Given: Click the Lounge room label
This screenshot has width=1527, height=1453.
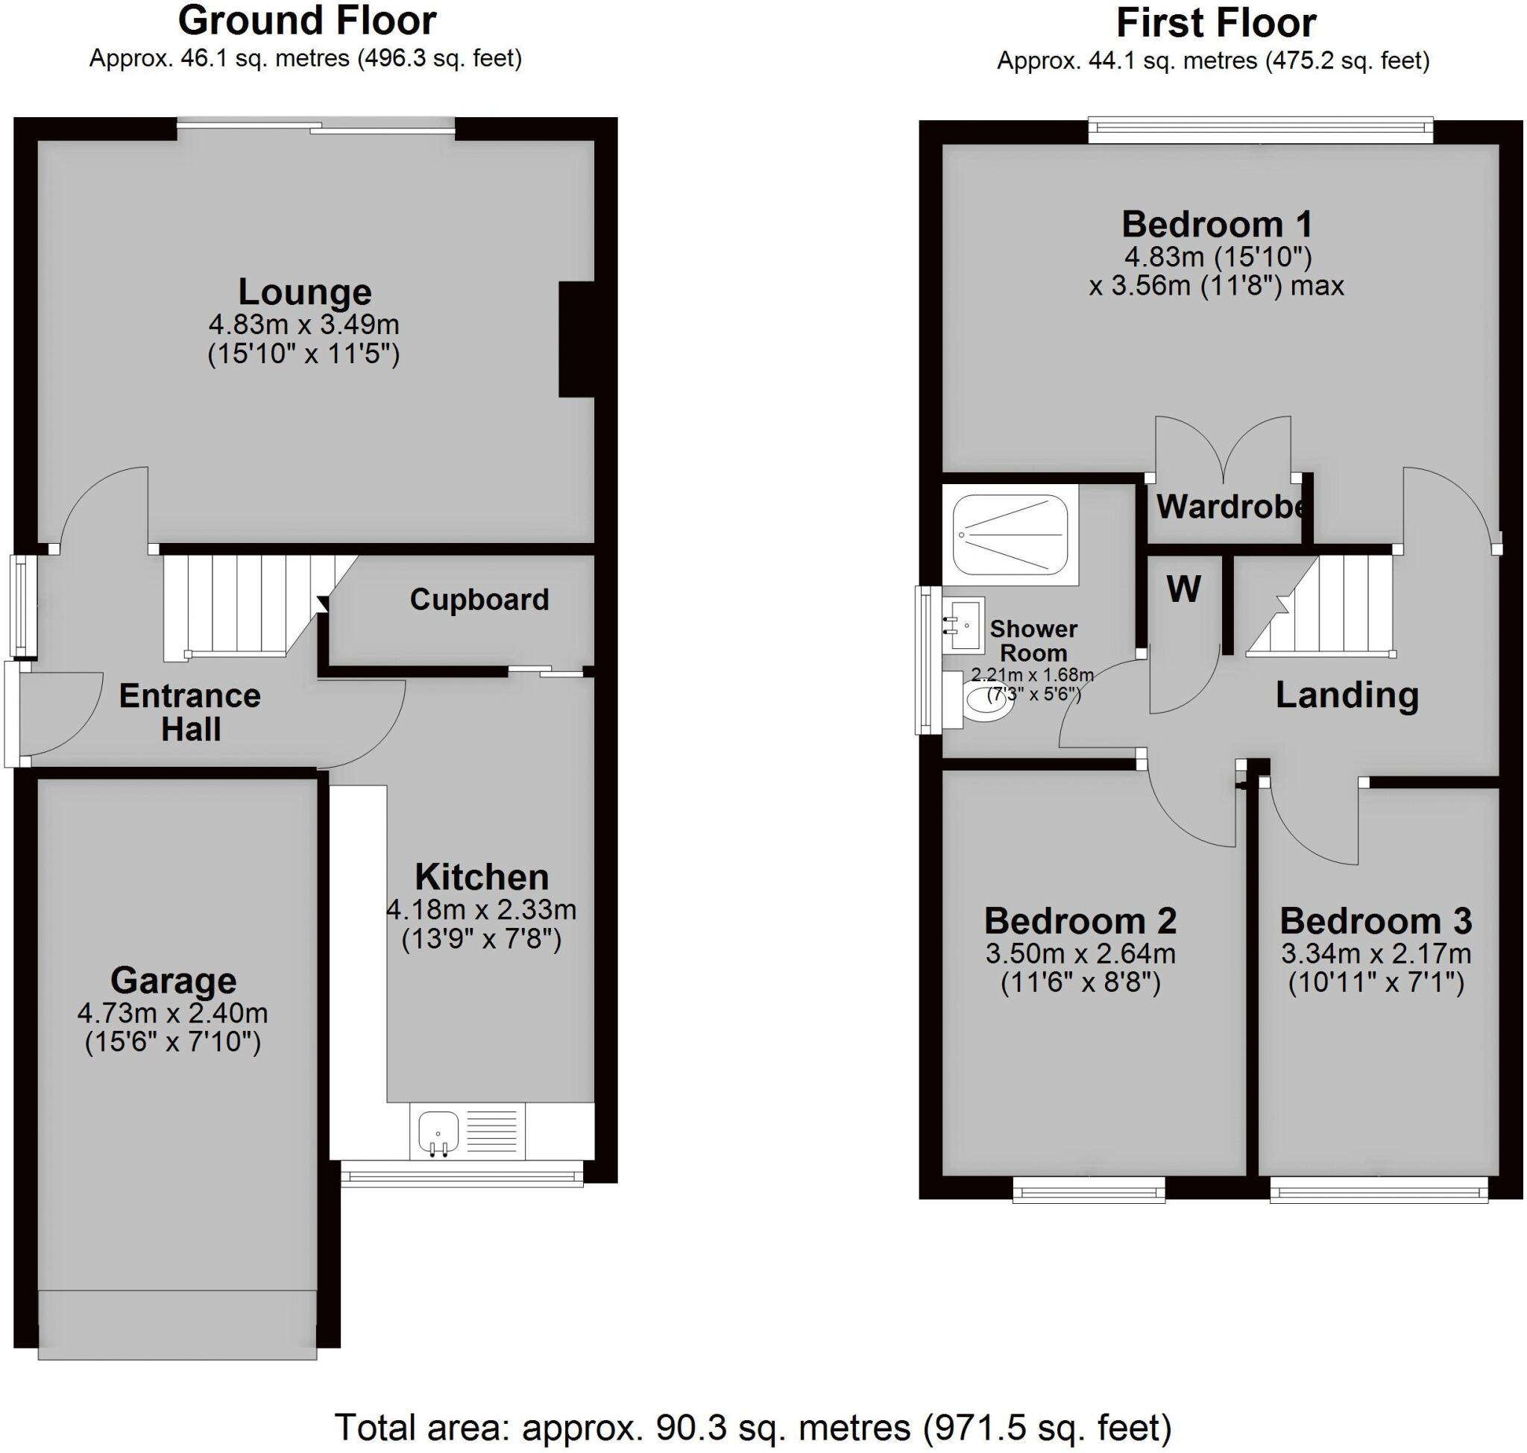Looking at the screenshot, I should pyautogui.click(x=304, y=292).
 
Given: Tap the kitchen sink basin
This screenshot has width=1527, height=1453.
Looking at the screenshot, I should pyautogui.click(x=438, y=1132).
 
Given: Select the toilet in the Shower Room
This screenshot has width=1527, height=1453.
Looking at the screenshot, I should pyautogui.click(x=989, y=700).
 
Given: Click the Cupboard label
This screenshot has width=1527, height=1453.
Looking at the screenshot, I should pyautogui.click(x=479, y=600).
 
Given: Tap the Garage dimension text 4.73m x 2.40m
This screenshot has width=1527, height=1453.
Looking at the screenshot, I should pyautogui.click(x=173, y=1012).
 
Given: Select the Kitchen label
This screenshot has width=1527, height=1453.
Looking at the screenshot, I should pyautogui.click(x=482, y=876).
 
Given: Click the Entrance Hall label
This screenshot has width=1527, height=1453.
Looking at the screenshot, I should pyautogui.click(x=189, y=712).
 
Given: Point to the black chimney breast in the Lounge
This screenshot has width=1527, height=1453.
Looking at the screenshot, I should pyautogui.click(x=576, y=340).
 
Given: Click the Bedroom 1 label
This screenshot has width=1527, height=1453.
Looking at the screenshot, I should pyautogui.click(x=1217, y=225).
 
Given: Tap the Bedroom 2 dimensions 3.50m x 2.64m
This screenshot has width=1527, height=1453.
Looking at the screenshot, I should pyautogui.click(x=1080, y=953).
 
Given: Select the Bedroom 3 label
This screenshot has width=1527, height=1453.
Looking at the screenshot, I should pyautogui.click(x=1375, y=921).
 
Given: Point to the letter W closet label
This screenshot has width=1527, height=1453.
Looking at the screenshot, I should pyautogui.click(x=1183, y=589).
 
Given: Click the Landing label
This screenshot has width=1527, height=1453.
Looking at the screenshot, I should pyautogui.click(x=1347, y=694).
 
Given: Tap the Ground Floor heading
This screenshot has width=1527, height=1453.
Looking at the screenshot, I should pyautogui.click(x=307, y=21).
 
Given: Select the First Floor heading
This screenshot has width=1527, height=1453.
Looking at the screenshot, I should pyautogui.click(x=1216, y=23).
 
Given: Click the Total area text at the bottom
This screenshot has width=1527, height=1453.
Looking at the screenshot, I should pyautogui.click(x=752, y=1427).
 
